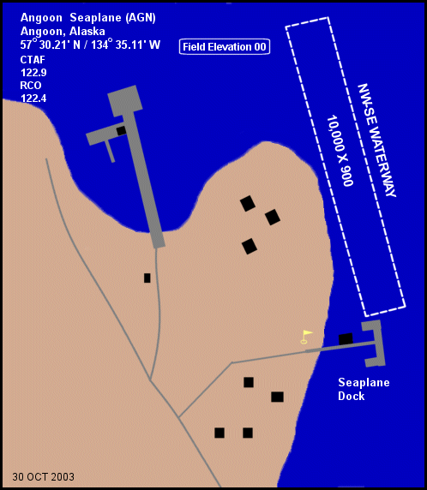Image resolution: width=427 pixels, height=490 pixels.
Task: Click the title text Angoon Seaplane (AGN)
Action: (x=88, y=18)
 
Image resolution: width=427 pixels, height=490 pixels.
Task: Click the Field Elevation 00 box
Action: (x=225, y=47)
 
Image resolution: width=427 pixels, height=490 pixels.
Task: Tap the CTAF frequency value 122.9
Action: (x=33, y=73)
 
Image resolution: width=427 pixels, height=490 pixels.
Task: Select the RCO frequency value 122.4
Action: (x=33, y=99)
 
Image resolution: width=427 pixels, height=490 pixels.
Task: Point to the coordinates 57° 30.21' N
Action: (x=51, y=45)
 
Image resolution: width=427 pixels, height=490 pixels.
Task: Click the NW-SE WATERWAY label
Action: (x=376, y=140)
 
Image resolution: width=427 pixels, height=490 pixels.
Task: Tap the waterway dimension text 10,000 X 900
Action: (x=340, y=151)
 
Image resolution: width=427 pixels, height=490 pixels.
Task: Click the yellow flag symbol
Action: (x=306, y=337)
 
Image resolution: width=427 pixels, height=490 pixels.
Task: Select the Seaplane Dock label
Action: (x=364, y=389)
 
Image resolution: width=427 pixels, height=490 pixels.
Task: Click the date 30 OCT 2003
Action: (x=43, y=477)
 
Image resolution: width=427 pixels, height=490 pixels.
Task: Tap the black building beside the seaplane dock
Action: (x=346, y=339)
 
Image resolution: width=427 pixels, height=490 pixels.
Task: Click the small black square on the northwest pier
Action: (x=121, y=130)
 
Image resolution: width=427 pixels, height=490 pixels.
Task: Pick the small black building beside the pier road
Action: (x=147, y=278)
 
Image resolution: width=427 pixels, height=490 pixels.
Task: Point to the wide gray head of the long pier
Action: (x=125, y=101)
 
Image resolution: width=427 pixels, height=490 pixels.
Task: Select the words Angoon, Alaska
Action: (x=63, y=31)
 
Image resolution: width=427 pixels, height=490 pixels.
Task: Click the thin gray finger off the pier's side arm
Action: (x=110, y=152)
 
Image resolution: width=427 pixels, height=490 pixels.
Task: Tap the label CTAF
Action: (x=33, y=60)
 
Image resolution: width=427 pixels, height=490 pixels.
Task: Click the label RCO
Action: (x=31, y=86)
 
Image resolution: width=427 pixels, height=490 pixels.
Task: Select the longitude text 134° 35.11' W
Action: (x=126, y=45)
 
